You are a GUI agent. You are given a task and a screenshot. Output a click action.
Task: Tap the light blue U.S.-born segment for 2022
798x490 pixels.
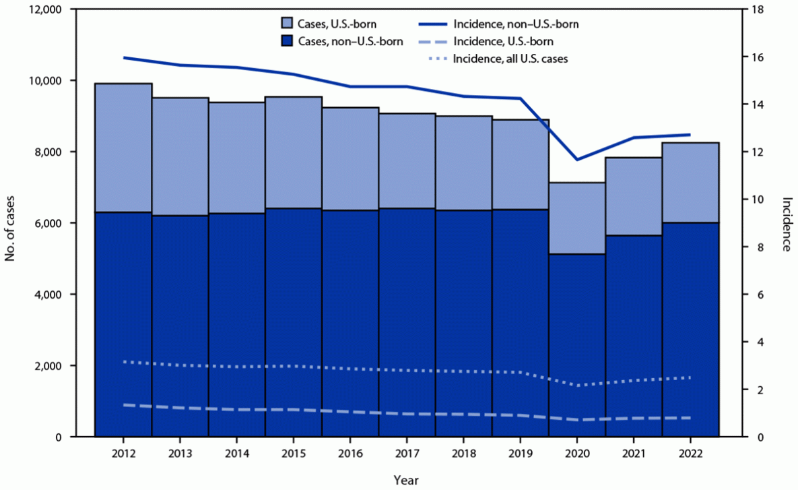(x=690, y=182)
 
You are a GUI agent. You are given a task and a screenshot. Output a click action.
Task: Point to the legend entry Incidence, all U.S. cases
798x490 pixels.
(x=510, y=59)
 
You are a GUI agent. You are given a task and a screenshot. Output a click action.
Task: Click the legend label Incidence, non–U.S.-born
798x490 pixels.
(x=516, y=24)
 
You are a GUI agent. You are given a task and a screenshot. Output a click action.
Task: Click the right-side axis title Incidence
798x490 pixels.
(x=786, y=224)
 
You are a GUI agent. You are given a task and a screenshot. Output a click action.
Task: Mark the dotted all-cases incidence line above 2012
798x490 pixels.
(x=123, y=362)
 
